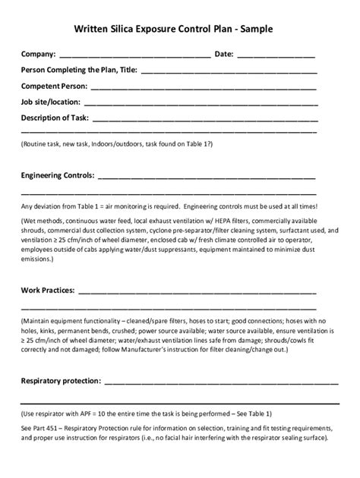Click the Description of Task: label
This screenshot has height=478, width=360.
[55, 118]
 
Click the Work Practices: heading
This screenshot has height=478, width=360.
[48, 290]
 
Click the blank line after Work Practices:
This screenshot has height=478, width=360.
[197, 291]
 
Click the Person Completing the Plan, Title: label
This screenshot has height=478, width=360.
[79, 71]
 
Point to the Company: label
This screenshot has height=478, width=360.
[38, 55]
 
